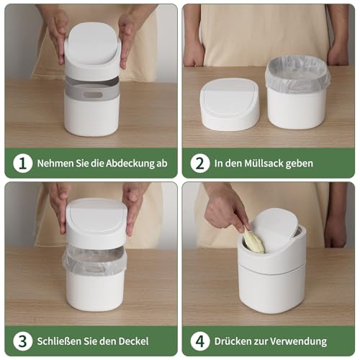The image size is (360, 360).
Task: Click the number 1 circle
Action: click(23, 163)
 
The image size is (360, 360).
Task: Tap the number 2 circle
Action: click(199, 163)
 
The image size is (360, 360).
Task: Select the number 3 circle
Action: click(23, 341)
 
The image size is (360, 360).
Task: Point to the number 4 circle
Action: click(199, 341)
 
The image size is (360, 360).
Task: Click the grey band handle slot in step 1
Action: click(91, 93)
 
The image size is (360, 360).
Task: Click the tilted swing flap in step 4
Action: click(277, 229)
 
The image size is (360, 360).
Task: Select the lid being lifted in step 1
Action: click(91, 49)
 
